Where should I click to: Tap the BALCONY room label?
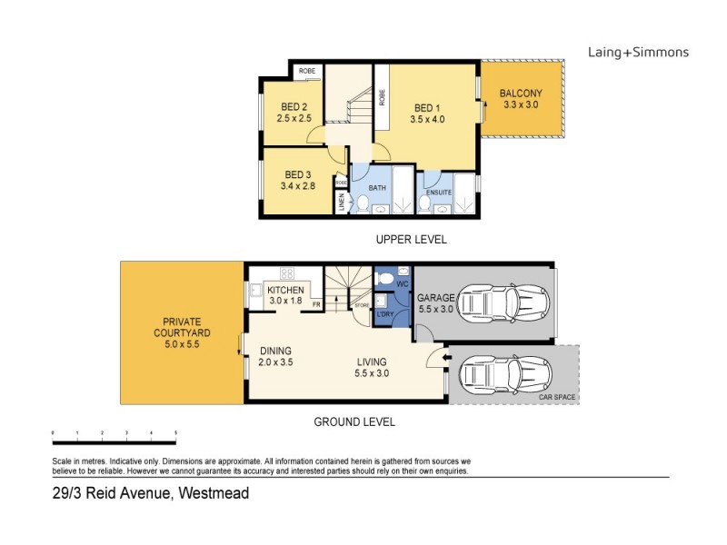coord(521,93)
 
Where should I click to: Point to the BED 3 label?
coord(299,174)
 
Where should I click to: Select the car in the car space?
coord(502,372)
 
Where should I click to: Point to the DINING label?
coord(275,352)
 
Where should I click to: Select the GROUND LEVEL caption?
coord(354,422)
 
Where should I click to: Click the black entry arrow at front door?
coord(445,358)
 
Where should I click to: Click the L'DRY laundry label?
coord(396,313)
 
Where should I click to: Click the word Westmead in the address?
coord(214,493)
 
